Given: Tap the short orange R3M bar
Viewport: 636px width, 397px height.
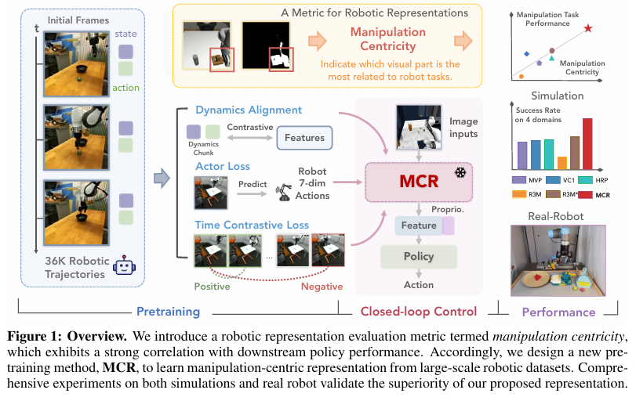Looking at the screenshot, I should [561, 164].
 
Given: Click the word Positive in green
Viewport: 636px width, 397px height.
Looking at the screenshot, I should [213, 287].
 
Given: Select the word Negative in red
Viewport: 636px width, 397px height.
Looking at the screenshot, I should [322, 287].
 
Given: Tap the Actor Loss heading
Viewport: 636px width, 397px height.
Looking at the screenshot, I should [223, 167].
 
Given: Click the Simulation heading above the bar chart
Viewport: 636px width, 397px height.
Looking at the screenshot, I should [557, 96].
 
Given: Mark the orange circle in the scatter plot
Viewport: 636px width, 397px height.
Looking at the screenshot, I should [522, 77].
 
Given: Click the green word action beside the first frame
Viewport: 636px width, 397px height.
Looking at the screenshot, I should [125, 88].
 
